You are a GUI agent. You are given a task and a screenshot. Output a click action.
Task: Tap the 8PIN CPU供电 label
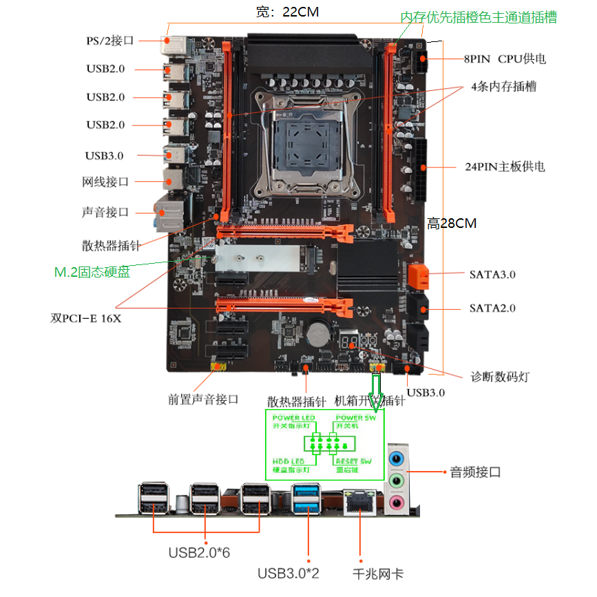505,59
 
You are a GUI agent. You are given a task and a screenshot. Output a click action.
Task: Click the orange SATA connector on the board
417,276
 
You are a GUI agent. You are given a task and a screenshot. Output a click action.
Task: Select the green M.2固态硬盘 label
92,272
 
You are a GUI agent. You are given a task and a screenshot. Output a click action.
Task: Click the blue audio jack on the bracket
397,457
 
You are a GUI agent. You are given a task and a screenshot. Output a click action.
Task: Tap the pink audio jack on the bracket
397,503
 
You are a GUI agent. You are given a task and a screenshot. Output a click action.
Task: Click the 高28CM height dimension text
452,223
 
